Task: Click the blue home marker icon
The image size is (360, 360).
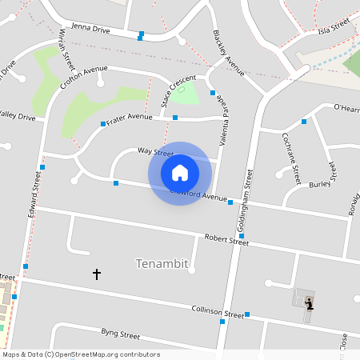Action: (x=180, y=173)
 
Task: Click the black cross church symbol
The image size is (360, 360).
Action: (x=97, y=274)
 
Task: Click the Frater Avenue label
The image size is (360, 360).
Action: (x=130, y=118)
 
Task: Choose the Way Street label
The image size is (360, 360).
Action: (x=155, y=150)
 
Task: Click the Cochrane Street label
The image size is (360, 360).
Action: (x=290, y=159)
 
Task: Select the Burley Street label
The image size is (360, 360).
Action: (x=320, y=184)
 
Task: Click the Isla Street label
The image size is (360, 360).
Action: (x=334, y=30)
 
